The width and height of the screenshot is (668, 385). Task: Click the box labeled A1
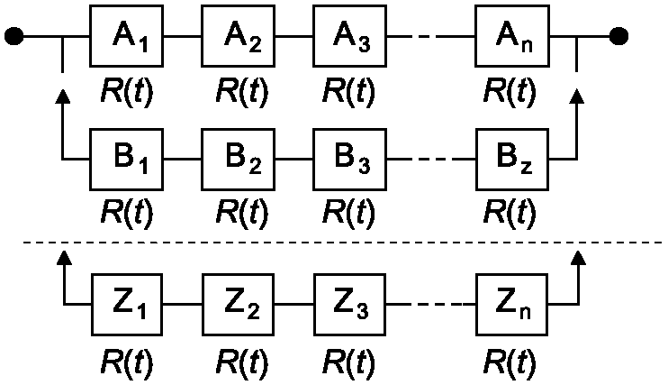(x=127, y=36)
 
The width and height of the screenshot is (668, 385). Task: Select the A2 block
(x=239, y=36)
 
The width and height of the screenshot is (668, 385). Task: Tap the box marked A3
(x=350, y=36)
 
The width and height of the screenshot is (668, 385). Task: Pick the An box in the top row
(x=512, y=36)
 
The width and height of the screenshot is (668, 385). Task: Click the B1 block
(x=127, y=160)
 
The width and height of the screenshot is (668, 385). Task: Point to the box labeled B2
(x=239, y=160)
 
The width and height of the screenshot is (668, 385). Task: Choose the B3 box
(x=350, y=160)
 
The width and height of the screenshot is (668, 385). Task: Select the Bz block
(x=512, y=160)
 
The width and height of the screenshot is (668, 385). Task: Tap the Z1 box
(x=127, y=305)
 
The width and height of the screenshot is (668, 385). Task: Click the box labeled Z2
(x=239, y=305)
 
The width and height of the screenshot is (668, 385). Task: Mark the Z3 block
(x=350, y=305)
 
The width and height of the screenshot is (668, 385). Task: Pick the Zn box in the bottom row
(x=511, y=305)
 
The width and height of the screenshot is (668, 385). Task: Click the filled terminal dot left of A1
(x=14, y=36)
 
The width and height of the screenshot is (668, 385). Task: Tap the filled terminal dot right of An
(x=618, y=36)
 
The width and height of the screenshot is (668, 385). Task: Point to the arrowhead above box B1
(x=63, y=96)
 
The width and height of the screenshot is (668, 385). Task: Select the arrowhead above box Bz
(x=577, y=96)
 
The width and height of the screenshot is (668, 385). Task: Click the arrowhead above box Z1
(x=64, y=257)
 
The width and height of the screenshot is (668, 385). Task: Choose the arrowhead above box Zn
(x=578, y=257)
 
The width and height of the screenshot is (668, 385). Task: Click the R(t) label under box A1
(x=127, y=92)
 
